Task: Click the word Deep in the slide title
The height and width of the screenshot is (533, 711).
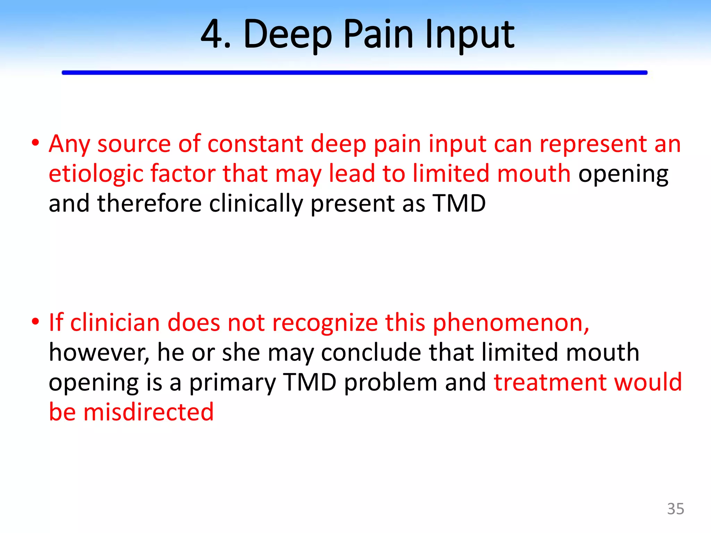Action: click(288, 35)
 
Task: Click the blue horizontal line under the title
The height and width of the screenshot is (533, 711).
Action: click(354, 73)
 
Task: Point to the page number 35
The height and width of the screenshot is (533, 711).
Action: click(675, 509)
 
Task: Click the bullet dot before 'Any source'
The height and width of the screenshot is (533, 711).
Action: click(35, 143)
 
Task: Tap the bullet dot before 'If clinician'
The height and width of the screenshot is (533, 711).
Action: click(35, 322)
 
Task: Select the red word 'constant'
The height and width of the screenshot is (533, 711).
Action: click(255, 144)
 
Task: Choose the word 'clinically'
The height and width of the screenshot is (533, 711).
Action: click(256, 203)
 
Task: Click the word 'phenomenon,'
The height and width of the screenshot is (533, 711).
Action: click(511, 323)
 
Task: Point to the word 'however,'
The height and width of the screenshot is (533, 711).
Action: click(99, 353)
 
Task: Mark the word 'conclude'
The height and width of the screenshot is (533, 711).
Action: click(371, 353)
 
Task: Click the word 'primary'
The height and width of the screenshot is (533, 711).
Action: click(232, 382)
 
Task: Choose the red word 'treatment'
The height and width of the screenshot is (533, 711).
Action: click(550, 382)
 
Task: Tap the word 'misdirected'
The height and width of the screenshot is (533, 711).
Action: click(148, 412)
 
